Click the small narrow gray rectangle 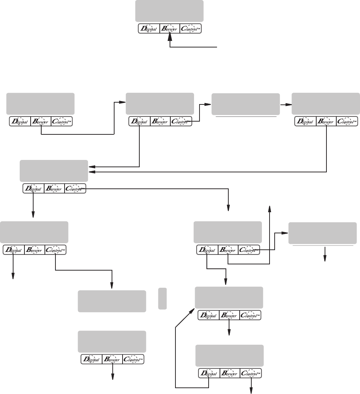click(163, 298)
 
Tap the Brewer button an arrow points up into click(170, 29)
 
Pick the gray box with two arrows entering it click(54, 171)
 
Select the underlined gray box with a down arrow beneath click(322, 233)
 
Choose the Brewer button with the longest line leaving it click(326, 121)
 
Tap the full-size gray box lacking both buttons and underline click(112, 301)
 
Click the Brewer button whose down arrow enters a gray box click(229, 315)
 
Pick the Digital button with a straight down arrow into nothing click(13, 250)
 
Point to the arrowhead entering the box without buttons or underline click(112, 287)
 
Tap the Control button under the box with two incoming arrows click(75, 188)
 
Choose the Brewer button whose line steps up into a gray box click(41, 121)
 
